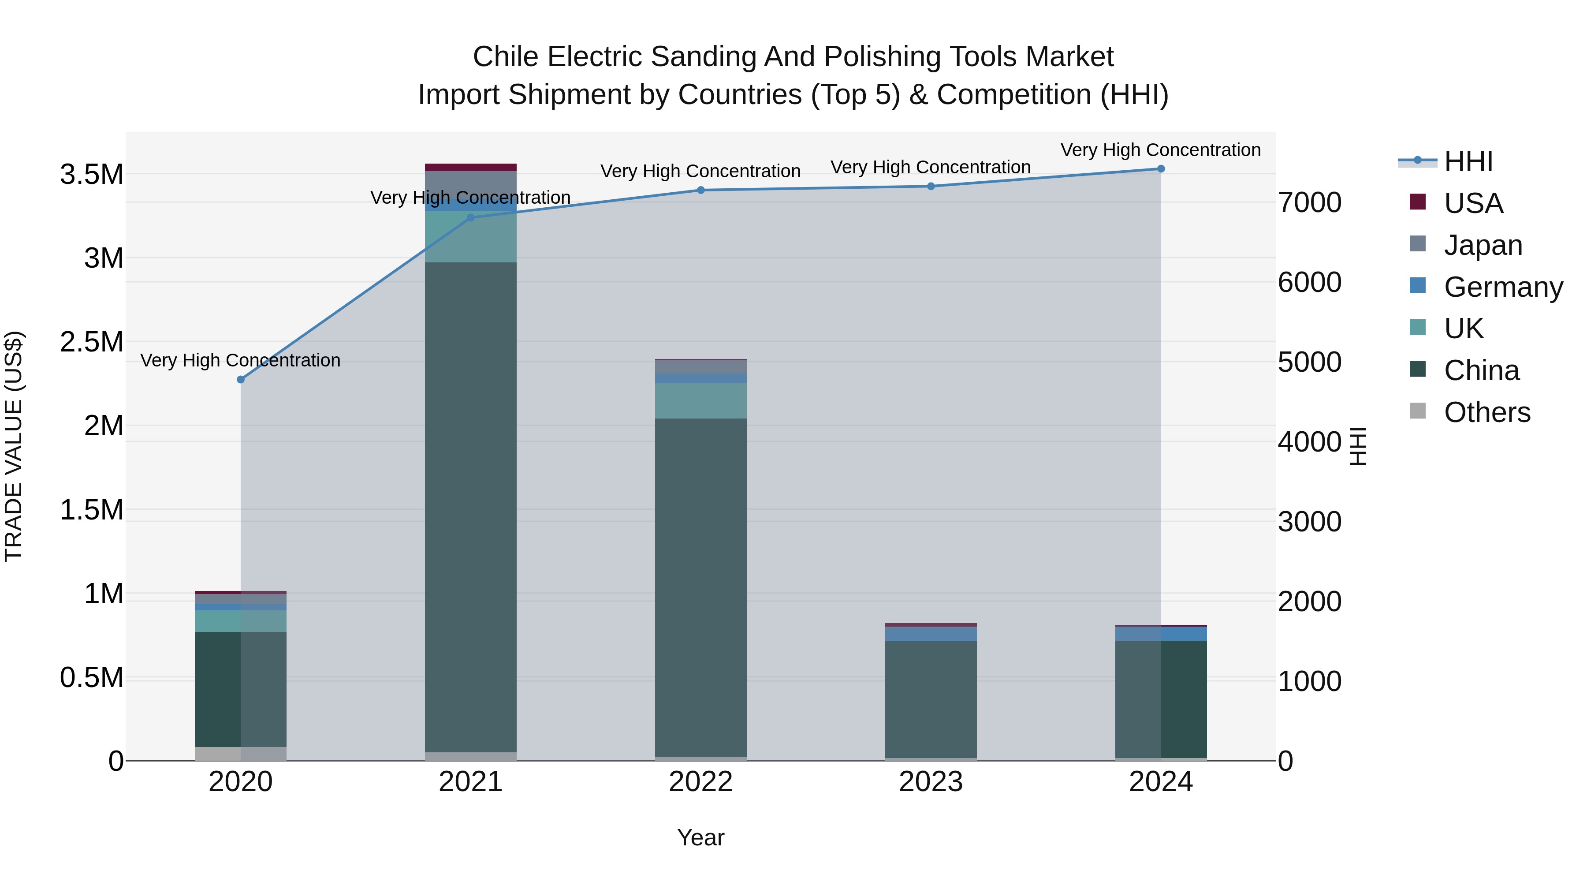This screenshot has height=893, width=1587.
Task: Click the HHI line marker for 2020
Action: (x=241, y=380)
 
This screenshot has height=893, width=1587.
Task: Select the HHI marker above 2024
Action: (x=1161, y=169)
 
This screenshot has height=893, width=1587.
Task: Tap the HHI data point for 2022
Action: (x=700, y=191)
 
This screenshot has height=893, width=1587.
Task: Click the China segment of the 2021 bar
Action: (x=471, y=505)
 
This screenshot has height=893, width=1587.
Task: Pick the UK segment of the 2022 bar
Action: (x=700, y=400)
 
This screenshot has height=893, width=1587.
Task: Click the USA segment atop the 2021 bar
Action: (x=471, y=168)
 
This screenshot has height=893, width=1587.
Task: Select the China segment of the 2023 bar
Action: (x=931, y=699)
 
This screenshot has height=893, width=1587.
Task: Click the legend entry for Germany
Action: (x=1503, y=287)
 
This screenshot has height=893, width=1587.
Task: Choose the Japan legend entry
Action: (x=1483, y=245)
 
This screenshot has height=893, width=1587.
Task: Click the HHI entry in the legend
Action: (x=1468, y=161)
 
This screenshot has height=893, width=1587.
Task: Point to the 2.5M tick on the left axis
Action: (x=92, y=342)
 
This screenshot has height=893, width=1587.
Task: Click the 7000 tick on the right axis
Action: (x=1310, y=203)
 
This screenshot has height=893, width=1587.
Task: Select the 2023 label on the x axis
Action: (x=931, y=782)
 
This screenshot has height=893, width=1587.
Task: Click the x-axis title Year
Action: (x=700, y=837)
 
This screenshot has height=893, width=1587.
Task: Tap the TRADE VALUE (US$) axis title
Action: (x=14, y=446)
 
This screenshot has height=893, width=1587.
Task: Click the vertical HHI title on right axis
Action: (x=1358, y=446)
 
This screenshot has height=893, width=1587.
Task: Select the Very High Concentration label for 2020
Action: (x=240, y=361)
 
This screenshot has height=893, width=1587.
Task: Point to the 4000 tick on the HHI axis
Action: (x=1310, y=442)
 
